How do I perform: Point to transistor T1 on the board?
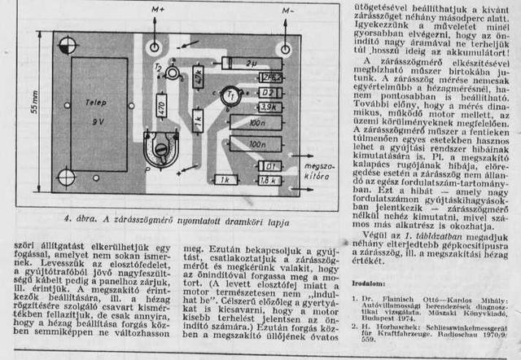pos(232,94)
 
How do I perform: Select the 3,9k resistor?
pos(269,107)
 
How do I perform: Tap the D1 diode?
pos(269,166)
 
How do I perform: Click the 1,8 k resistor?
pos(269,180)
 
